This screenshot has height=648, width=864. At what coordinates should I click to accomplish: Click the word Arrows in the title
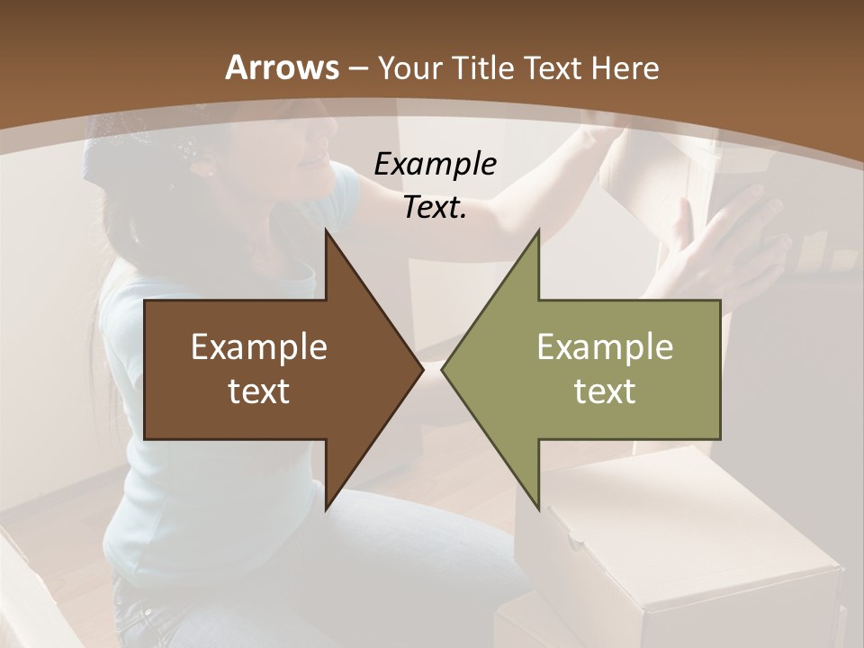(x=282, y=67)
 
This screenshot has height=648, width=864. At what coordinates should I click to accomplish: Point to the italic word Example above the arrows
(x=436, y=165)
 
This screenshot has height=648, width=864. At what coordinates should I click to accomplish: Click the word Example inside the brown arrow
(x=259, y=347)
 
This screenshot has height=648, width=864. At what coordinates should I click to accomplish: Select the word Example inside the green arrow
(x=605, y=347)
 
